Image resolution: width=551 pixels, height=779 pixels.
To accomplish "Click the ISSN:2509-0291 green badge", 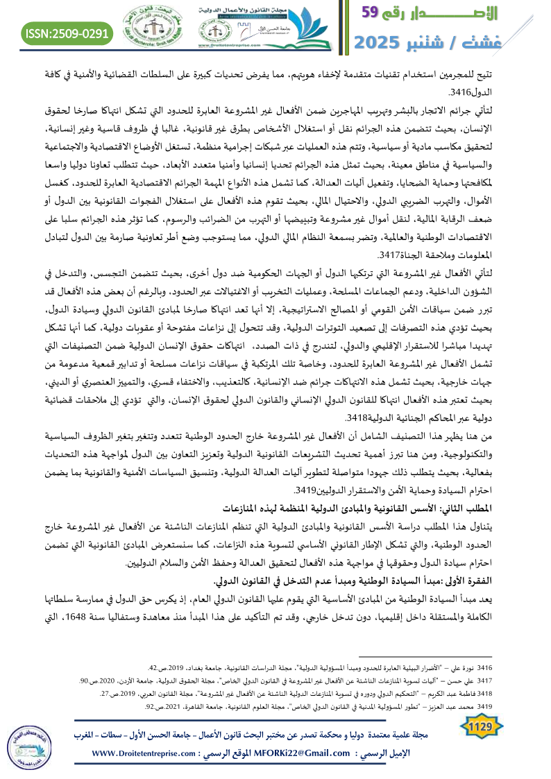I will (x=68, y=32).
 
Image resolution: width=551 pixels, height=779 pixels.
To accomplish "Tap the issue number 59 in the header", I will (x=379, y=12).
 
